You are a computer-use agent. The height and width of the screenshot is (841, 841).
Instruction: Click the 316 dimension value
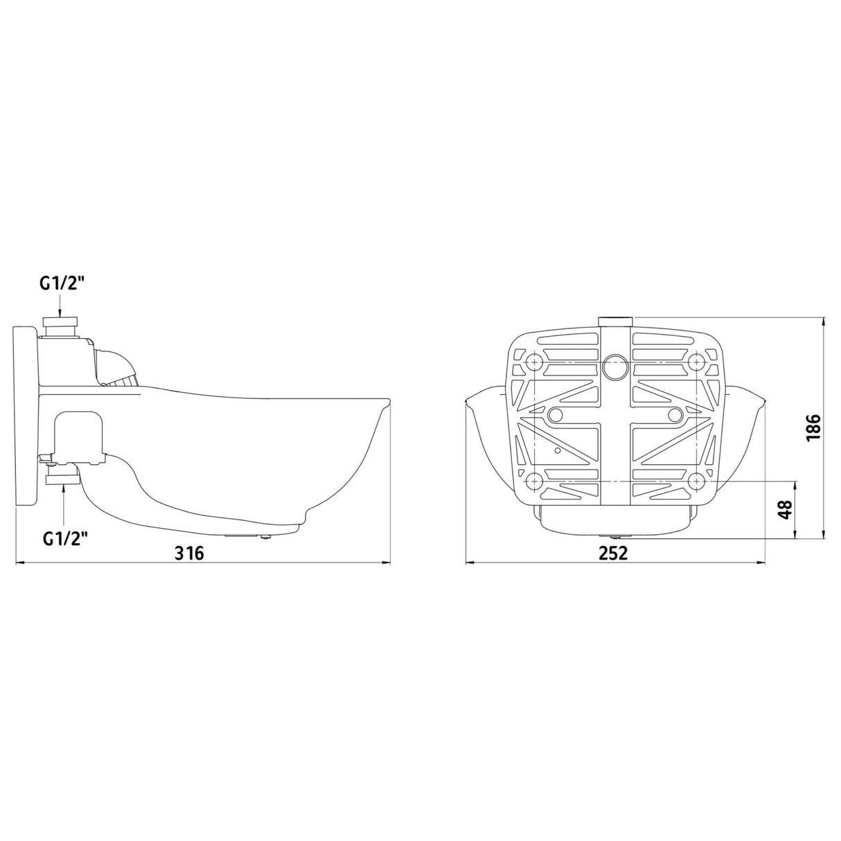[189, 553]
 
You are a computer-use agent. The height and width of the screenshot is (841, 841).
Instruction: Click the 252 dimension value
[613, 553]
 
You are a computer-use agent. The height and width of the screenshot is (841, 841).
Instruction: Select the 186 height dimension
[813, 428]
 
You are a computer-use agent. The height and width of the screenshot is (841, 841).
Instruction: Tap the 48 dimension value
[785, 509]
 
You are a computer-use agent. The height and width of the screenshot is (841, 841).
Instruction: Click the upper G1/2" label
[62, 284]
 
